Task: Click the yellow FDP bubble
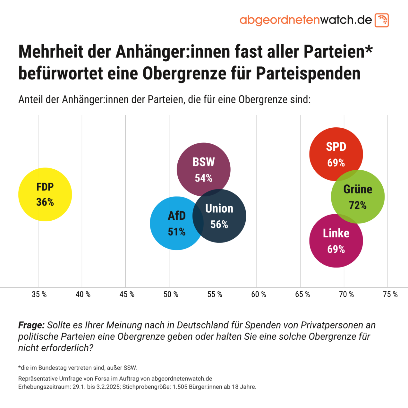pyautogui.click(x=45, y=194)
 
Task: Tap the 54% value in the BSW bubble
pyautogui.click(x=204, y=178)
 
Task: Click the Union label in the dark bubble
pyautogui.click(x=219, y=208)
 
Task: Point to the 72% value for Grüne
pyautogui.click(x=358, y=205)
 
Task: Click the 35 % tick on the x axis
pyautogui.click(x=39, y=294)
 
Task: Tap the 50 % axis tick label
pyautogui.click(x=171, y=294)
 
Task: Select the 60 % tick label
pyautogui.click(x=259, y=294)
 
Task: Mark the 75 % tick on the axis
pyautogui.click(x=390, y=294)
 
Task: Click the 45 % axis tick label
pyautogui.click(x=127, y=294)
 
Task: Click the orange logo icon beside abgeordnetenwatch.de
pyautogui.click(x=382, y=20)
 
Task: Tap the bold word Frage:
pyautogui.click(x=31, y=325)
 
